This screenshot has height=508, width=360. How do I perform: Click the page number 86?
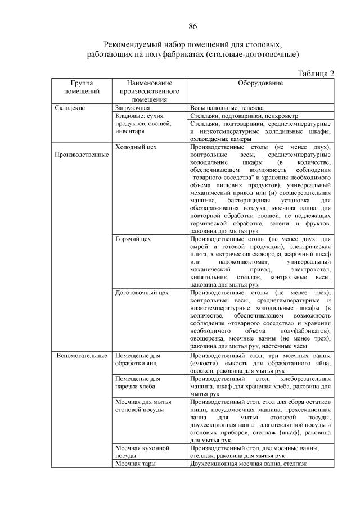[192, 26]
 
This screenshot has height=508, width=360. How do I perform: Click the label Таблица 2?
[314, 73]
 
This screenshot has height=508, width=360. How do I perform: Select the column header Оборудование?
[260, 83]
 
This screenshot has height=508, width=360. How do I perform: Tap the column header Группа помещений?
[82, 87]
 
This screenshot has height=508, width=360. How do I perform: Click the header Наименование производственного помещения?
[149, 91]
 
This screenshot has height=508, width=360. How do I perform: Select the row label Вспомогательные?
[82, 356]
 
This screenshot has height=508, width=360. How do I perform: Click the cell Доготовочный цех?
[141, 293]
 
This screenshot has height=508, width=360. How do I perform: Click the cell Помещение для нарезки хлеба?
[138, 383]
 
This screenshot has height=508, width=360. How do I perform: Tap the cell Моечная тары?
[134, 464]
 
